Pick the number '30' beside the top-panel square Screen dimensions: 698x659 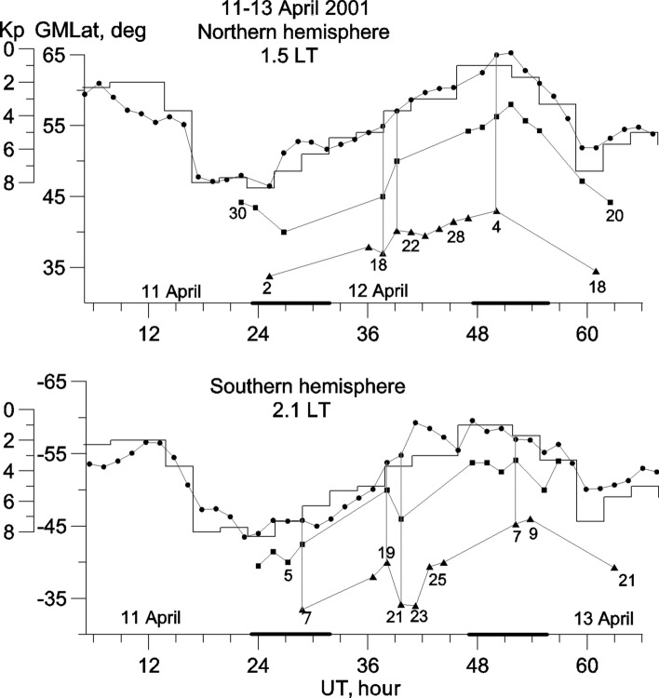[x=237, y=213]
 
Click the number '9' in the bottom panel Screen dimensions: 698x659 [x=533, y=535]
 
